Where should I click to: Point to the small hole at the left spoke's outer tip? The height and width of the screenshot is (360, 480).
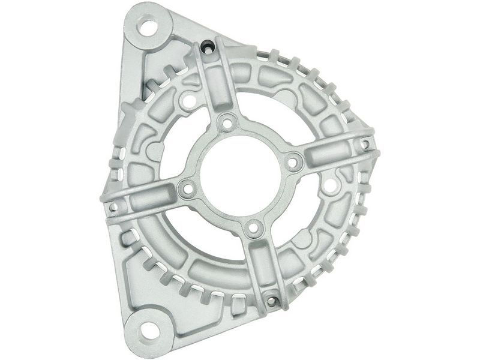click(112, 208)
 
